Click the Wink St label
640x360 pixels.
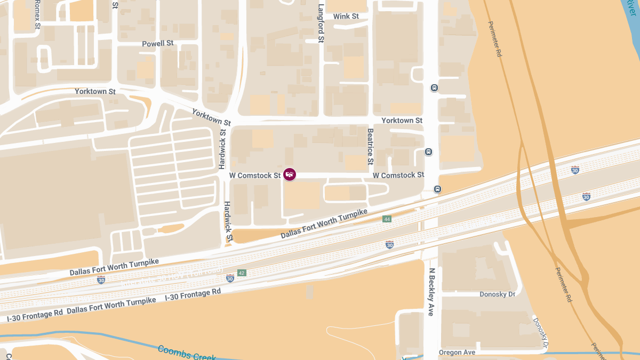pos(346,17)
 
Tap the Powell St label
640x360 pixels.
pos(158,44)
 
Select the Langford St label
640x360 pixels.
pos(321,23)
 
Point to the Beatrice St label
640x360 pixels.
pos(370,146)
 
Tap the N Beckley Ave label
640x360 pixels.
pos(431,292)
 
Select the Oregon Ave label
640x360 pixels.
pos(457,353)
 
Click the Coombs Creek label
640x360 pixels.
pos(187,353)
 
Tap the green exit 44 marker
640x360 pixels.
pos(387,219)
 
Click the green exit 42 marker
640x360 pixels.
pos(242,273)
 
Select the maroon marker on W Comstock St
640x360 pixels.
pos(290,174)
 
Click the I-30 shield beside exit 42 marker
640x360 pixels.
pos(230,278)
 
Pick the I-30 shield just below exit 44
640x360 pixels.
pos(390,244)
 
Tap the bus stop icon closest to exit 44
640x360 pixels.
pos(437,189)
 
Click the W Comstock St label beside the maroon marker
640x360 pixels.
pos(255,175)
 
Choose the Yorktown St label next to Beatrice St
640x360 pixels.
pos(402,121)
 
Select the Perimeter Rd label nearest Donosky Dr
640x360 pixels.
pos(563,285)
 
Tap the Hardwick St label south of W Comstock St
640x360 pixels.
pos(228,221)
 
